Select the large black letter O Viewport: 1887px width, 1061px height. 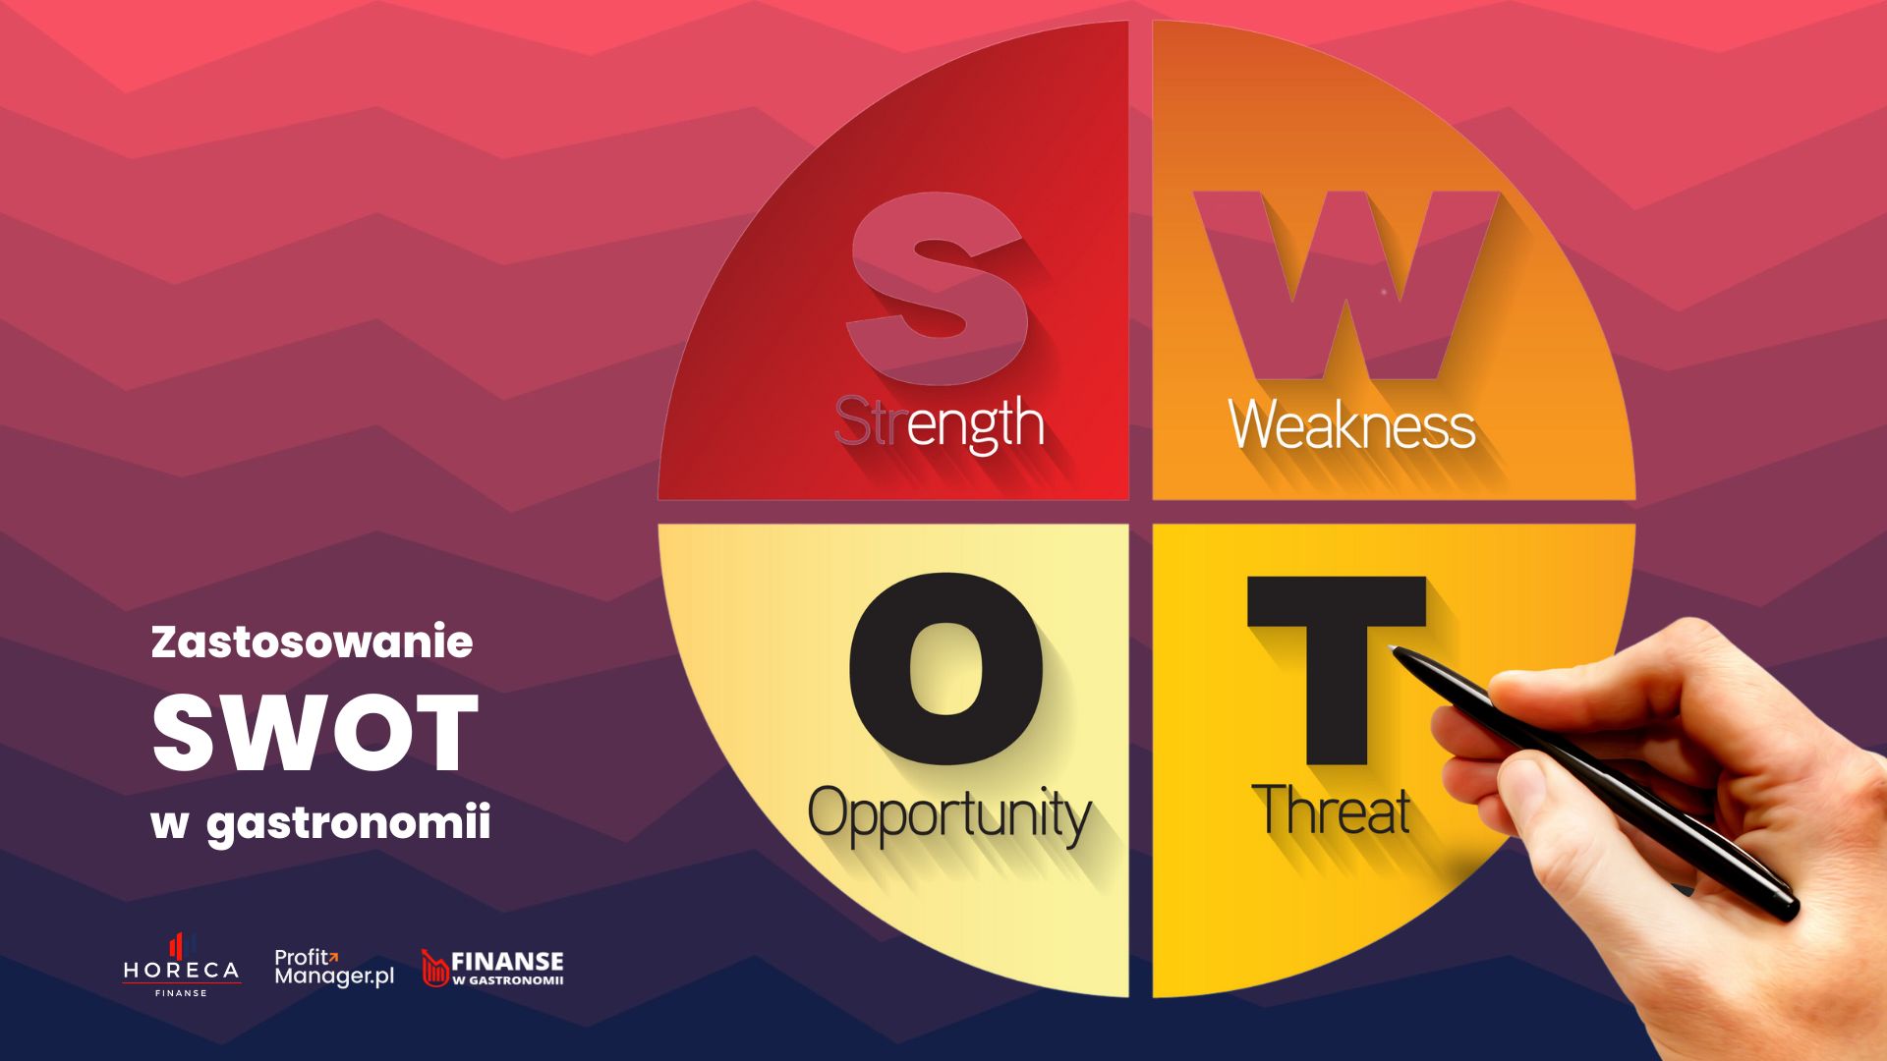[x=945, y=669]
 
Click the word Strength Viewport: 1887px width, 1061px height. [x=939, y=423]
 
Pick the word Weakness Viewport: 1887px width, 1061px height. [x=1352, y=424]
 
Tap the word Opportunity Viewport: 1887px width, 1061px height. [x=949, y=815]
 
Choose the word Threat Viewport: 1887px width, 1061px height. [x=1331, y=810]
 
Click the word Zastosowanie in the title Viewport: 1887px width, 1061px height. [x=312, y=642]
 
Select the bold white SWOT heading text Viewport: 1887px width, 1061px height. [x=315, y=733]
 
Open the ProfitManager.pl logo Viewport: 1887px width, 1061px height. [x=334, y=968]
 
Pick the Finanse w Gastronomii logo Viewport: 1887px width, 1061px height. [x=492, y=968]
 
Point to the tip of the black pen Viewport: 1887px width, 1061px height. [x=1392, y=647]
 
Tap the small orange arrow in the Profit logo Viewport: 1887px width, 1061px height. [x=332, y=955]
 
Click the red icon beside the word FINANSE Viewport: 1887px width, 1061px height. [x=434, y=968]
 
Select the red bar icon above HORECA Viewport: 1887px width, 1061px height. [x=177, y=945]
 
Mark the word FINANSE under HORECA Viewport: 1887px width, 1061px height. [x=181, y=993]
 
